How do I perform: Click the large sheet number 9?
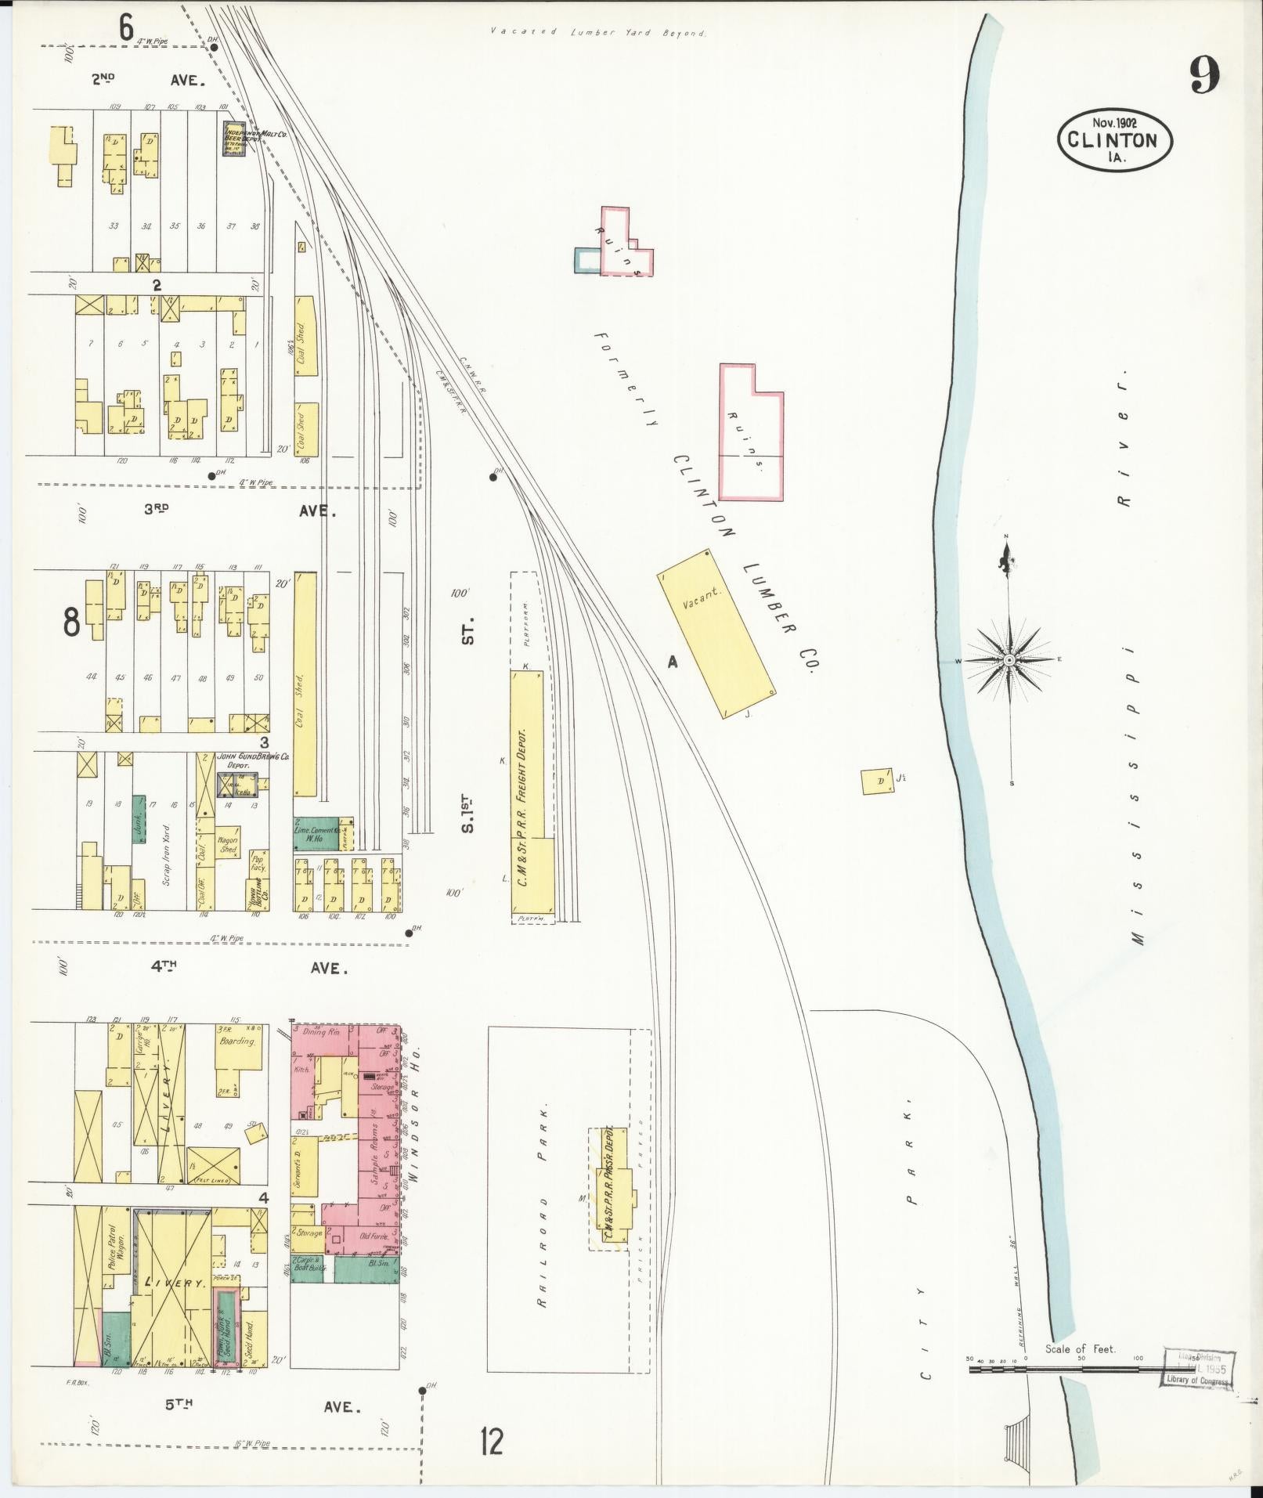1204,76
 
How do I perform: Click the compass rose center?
1010,660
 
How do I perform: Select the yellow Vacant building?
716,633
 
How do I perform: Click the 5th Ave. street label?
262,1406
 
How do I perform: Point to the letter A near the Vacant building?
672,662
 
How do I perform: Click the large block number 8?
71,623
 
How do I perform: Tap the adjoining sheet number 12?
493,1442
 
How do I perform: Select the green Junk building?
139,819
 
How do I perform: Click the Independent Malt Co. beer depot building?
236,139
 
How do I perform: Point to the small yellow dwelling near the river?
877,781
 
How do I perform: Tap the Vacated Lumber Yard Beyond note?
597,33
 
